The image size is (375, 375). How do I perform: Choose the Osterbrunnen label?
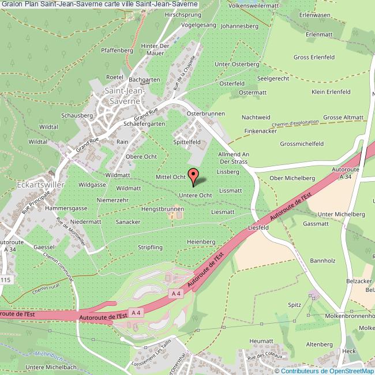tap(205, 114)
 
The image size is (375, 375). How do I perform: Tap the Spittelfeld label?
tap(186, 141)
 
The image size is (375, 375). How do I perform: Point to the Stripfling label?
tap(150, 247)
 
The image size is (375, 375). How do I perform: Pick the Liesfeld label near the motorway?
tap(258, 228)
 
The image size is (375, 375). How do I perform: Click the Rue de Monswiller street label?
tap(72, 232)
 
